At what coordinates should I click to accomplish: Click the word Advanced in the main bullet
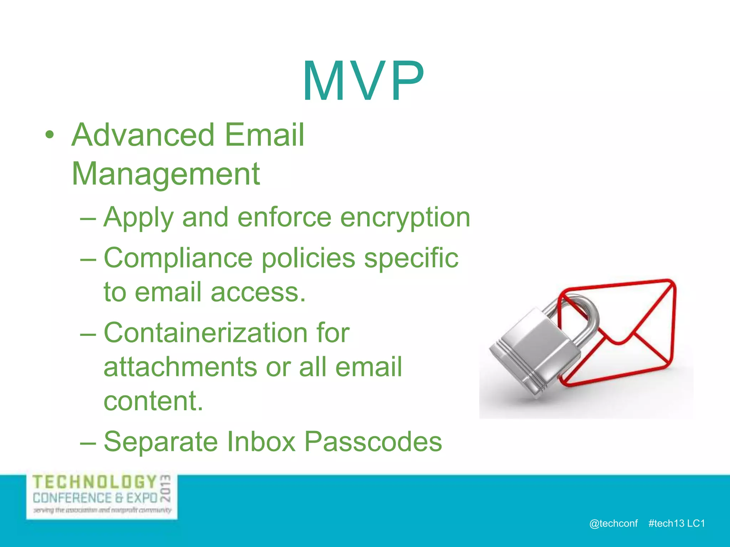click(143, 135)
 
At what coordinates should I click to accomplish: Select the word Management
click(166, 174)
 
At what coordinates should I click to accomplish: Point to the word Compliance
click(178, 259)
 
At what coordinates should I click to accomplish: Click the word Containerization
click(205, 333)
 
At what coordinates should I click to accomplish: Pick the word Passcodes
click(373, 442)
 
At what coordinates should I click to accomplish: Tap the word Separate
click(160, 442)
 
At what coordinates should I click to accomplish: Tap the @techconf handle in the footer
click(613, 523)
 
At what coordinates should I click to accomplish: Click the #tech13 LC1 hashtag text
click(677, 523)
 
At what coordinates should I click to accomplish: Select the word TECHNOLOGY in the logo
click(94, 483)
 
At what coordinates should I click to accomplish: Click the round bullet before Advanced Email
click(50, 135)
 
